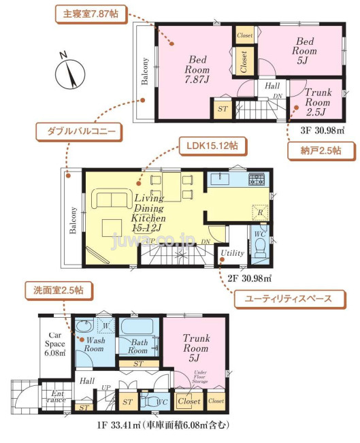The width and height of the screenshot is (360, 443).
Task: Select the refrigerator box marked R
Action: click(x=258, y=212)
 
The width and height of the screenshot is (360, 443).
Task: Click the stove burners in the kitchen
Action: click(x=257, y=180)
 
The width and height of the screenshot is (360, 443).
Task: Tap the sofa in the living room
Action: click(x=113, y=201)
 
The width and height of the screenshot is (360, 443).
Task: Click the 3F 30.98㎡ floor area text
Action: click(x=323, y=129)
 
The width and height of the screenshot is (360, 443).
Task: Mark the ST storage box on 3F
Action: click(x=222, y=108)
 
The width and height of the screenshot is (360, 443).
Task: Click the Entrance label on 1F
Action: click(x=54, y=396)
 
